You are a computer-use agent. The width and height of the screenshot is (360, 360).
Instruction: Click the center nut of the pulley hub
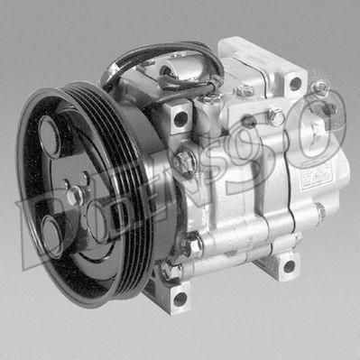(x=74, y=191)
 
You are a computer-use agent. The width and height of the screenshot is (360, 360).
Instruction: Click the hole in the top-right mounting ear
(x=294, y=84)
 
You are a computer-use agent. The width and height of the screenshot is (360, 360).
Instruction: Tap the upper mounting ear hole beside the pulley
(x=180, y=118)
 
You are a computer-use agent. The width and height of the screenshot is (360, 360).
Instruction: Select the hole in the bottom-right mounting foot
(x=287, y=266)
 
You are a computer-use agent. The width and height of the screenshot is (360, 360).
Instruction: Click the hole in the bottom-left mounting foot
(x=180, y=297)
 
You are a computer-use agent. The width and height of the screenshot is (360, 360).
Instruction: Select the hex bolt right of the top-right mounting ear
(x=319, y=89)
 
